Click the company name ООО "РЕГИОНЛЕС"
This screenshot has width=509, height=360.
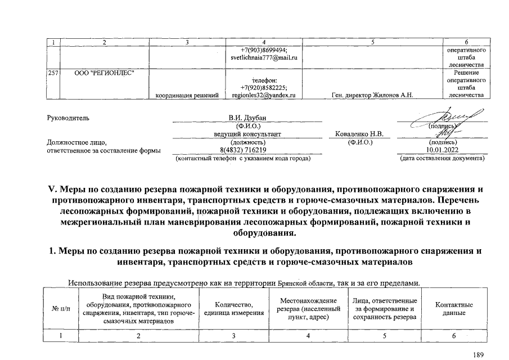[104, 73]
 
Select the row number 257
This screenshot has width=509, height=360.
[53, 73]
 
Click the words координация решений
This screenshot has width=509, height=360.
[187, 95]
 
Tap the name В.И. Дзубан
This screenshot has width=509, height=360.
[246, 118]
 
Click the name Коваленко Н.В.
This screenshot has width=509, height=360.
[359, 134]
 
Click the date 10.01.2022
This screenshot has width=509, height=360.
[442, 150]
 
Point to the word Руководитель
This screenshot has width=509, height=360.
[68, 118]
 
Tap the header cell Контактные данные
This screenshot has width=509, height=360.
[454, 309]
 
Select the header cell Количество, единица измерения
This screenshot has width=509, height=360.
[233, 309]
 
